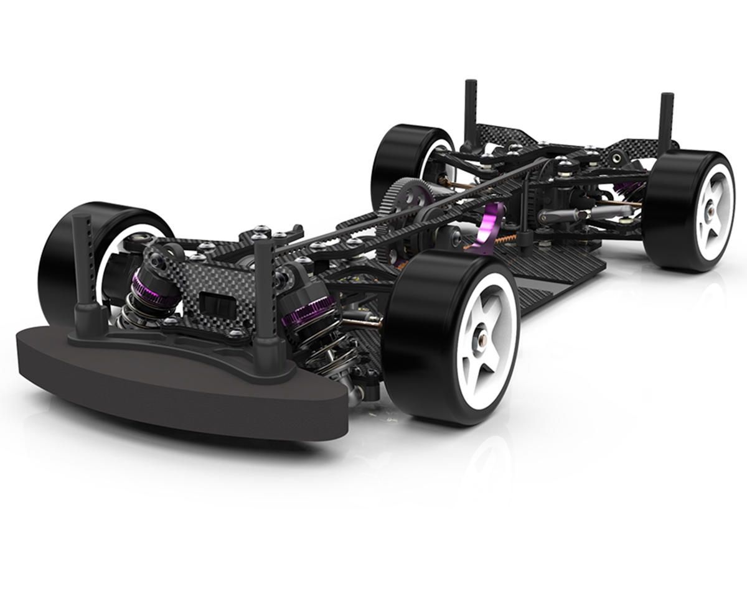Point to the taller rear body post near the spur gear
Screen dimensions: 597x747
point(470,112)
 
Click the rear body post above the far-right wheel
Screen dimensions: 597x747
point(667,121)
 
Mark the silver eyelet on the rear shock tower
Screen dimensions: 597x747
point(616,158)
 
